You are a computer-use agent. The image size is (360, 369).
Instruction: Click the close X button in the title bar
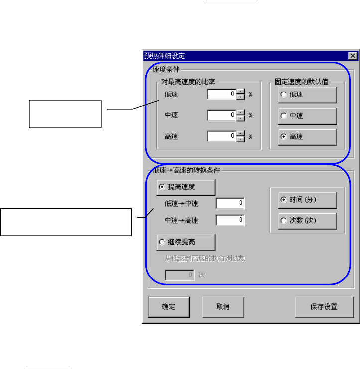click(x=352, y=56)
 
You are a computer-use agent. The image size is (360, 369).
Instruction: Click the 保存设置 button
click(x=324, y=306)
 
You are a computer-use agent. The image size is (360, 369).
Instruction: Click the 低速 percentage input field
click(x=221, y=94)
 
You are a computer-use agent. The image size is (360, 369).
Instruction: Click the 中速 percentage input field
click(x=221, y=115)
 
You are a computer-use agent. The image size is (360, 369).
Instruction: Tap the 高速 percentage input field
click(x=221, y=136)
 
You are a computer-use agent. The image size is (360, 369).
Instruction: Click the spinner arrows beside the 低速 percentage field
click(x=240, y=94)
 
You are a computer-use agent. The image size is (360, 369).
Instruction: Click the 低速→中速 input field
click(x=230, y=203)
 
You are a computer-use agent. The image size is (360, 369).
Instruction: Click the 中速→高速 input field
click(x=230, y=219)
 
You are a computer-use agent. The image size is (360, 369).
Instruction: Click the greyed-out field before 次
click(x=180, y=274)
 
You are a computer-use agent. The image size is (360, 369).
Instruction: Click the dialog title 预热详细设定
click(x=164, y=56)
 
